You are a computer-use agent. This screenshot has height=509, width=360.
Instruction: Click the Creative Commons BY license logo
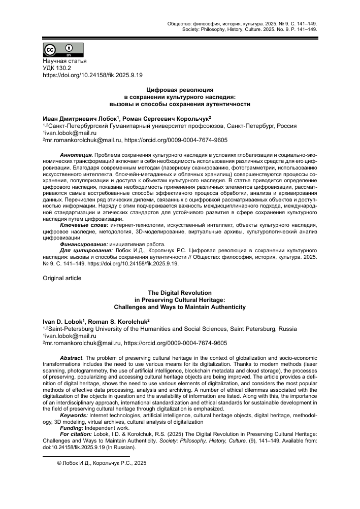tap(63, 50)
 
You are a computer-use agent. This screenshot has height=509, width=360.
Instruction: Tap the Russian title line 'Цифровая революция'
tap(180, 89)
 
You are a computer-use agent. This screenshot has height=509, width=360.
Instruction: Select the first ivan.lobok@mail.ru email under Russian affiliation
tap(69, 132)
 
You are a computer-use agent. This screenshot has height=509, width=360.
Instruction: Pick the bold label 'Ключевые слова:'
tap(84, 224)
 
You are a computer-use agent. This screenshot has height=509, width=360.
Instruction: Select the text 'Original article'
tap(61, 278)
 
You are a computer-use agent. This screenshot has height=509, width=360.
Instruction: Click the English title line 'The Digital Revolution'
tap(180, 293)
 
